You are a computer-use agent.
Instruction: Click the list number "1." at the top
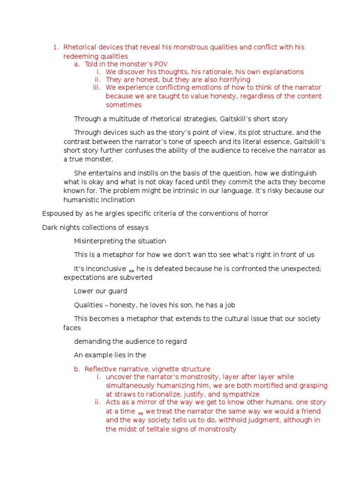point(56,47)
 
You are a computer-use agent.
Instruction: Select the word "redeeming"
point(80,56)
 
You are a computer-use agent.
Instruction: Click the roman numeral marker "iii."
point(97,88)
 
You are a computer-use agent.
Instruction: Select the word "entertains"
point(103,173)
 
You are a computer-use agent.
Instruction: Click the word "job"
point(229,305)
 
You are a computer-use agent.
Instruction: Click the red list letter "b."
point(77,369)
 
